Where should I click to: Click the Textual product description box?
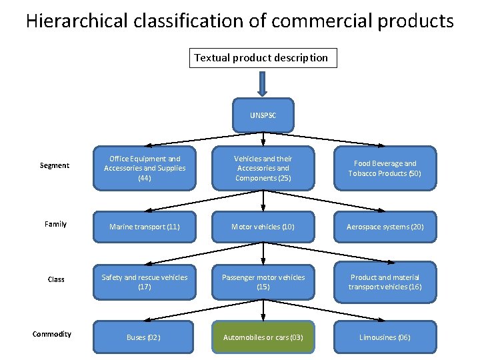pyautogui.click(x=261, y=58)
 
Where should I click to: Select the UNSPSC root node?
pyautogui.click(x=263, y=115)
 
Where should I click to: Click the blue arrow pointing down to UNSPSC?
pyautogui.click(x=263, y=83)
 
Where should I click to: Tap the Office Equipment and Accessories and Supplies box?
pyautogui.click(x=145, y=169)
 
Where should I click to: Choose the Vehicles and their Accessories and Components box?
pyautogui.click(x=263, y=169)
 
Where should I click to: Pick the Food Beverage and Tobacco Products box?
pyautogui.click(x=385, y=169)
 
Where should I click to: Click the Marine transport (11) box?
pyautogui.click(x=145, y=227)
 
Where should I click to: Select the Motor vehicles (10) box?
pyautogui.click(x=263, y=227)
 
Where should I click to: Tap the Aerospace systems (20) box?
pyautogui.click(x=385, y=227)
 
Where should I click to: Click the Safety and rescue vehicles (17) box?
pyautogui.click(x=145, y=282)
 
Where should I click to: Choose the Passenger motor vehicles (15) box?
pyautogui.click(x=263, y=282)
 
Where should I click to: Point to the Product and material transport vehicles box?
pyautogui.click(x=385, y=282)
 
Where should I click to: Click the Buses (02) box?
pyautogui.click(x=145, y=337)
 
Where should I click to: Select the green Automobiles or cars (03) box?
pyautogui.click(x=263, y=337)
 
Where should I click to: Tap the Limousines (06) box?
pyautogui.click(x=385, y=337)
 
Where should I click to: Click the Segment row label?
pyautogui.click(x=55, y=165)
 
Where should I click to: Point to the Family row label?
pyautogui.click(x=55, y=224)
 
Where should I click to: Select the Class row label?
pyautogui.click(x=56, y=279)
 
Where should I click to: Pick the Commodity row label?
pyautogui.click(x=52, y=334)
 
